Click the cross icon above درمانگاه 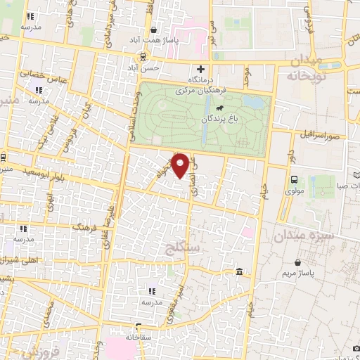coord(200,69)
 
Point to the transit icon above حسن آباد coord(143,57)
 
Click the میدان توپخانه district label coord(305,67)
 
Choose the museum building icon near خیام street coord(240,272)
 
